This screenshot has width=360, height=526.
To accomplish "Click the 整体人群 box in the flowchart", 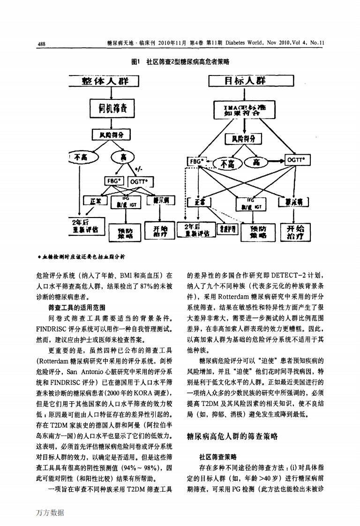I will point(105,81).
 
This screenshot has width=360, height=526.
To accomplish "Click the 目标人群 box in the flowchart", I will point(251,81).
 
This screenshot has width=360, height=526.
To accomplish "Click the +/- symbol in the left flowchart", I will point(139,169).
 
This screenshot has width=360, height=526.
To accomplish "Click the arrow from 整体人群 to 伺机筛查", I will point(106,94).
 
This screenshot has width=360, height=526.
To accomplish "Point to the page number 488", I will point(41,44).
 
